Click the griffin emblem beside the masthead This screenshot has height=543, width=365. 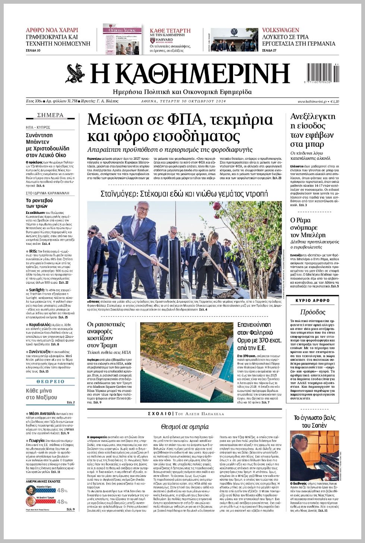75,74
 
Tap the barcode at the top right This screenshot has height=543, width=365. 323,72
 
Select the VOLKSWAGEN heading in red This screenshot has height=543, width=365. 280,30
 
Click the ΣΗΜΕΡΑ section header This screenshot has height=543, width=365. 50,115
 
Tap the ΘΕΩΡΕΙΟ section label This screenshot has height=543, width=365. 50,381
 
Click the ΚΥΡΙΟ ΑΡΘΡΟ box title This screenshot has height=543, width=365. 312,300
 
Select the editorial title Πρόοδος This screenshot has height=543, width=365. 312,312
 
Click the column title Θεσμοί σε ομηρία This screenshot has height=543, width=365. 185,427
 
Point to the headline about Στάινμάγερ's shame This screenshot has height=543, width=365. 184,194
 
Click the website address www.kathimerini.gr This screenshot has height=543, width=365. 312,102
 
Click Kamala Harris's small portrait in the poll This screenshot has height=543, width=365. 31,490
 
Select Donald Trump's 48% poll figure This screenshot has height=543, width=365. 62,502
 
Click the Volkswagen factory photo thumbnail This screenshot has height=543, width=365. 234,40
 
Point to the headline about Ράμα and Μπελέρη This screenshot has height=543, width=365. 308,227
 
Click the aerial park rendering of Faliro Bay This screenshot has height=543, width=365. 186,362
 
